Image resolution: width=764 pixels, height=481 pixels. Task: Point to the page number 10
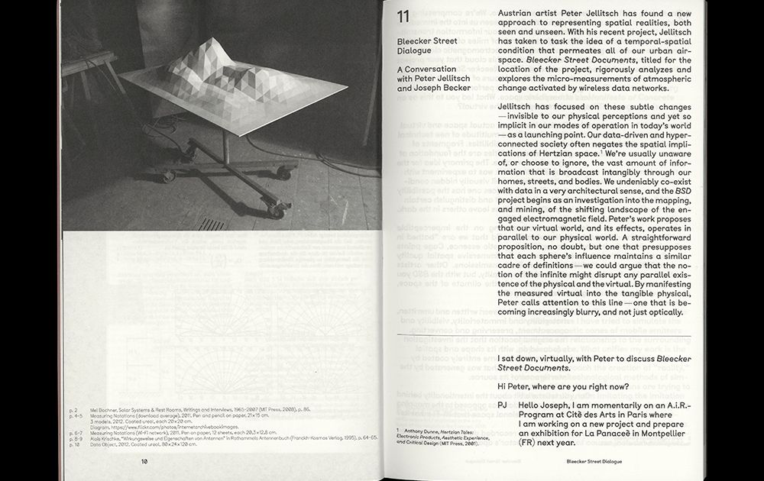pos(144,461)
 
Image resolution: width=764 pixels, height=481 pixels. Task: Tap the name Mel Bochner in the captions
pos(104,410)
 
